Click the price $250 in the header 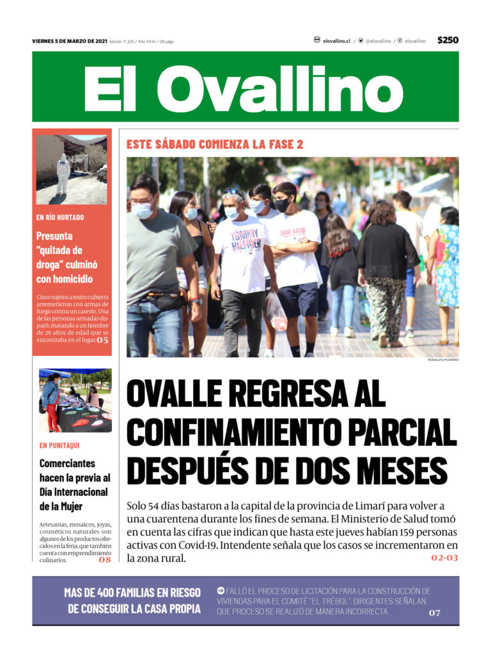point(448,40)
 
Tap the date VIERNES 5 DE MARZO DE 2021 point(69,42)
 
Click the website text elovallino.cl point(336,41)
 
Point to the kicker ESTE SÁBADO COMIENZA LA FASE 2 point(215,144)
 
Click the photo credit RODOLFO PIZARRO point(443,360)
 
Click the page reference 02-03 point(444,558)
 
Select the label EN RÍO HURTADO point(60,217)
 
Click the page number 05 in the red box point(103,340)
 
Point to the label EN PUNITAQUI point(59,445)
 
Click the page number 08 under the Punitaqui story point(105,560)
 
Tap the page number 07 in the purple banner point(435,613)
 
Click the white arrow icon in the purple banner point(221,591)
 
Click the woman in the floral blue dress point(447,268)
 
